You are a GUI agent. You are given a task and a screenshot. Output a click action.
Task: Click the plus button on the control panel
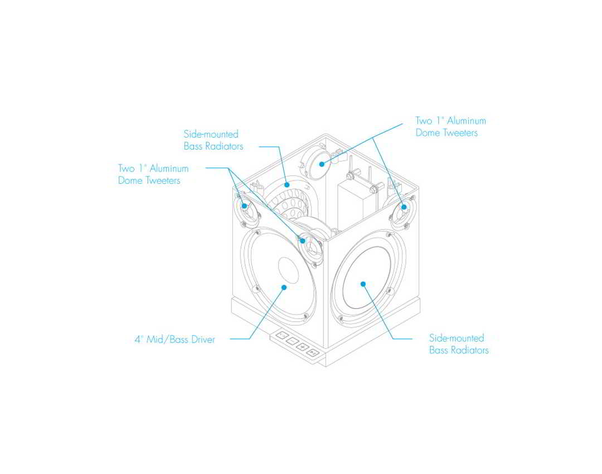pyautogui.click(x=303, y=347)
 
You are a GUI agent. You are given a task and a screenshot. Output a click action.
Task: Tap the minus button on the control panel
pyautogui.click(x=292, y=341)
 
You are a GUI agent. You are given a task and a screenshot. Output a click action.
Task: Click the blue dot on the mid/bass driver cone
pyautogui.click(x=284, y=287)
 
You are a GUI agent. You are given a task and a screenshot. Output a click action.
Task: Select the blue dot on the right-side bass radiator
pyautogui.click(x=363, y=284)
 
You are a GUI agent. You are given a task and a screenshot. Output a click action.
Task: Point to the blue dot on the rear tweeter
pyautogui.click(x=322, y=164)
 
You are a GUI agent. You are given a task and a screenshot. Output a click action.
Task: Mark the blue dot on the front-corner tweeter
pyautogui.click(x=303, y=241)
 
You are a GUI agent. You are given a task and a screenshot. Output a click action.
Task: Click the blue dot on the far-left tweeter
pyautogui.click(x=245, y=206)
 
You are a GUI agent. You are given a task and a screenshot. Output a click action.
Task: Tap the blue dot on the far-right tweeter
pyautogui.click(x=404, y=207)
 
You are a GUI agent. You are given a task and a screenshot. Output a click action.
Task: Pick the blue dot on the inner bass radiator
pyautogui.click(x=287, y=185)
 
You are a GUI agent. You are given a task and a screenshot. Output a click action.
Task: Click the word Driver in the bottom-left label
pyautogui.click(x=203, y=339)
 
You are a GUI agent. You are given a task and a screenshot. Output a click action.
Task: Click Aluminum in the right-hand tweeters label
pyautogui.click(x=467, y=121)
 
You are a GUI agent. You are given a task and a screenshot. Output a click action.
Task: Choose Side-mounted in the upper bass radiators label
pyautogui.click(x=211, y=134)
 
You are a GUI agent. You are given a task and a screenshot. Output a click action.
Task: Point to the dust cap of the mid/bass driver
pyautogui.click(x=289, y=270)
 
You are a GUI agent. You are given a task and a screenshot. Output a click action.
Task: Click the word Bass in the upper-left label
pyautogui.click(x=193, y=146)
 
